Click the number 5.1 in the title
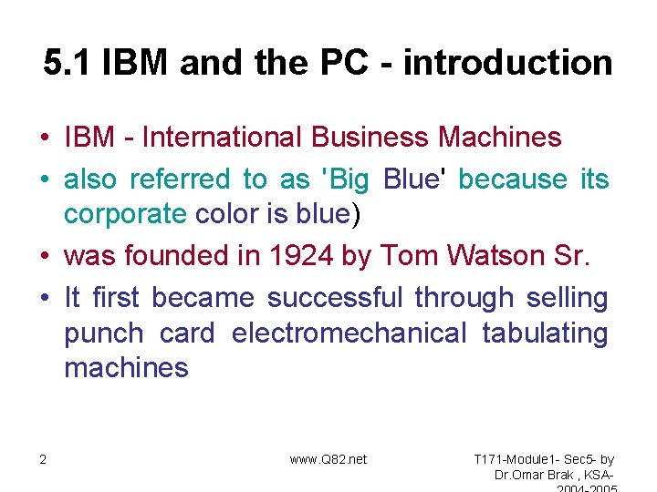pyautogui.click(x=68, y=63)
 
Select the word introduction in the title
pyautogui.click(x=508, y=63)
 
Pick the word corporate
pyautogui.click(x=125, y=214)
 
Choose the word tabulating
pyautogui.click(x=545, y=333)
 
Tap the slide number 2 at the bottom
pyautogui.click(x=43, y=459)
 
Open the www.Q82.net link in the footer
pyautogui.click(x=328, y=459)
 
